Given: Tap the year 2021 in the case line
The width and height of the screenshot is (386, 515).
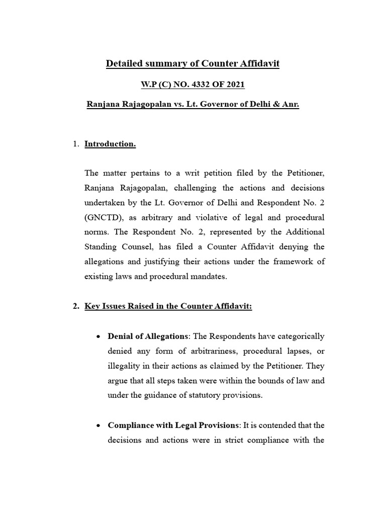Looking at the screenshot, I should [234, 84].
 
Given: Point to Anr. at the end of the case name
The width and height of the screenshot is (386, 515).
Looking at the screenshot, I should [290, 106].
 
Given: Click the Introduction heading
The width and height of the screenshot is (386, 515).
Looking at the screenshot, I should [110, 144].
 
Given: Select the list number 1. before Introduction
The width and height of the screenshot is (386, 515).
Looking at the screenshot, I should [76, 144].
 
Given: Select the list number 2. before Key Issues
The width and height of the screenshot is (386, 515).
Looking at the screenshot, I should [76, 307].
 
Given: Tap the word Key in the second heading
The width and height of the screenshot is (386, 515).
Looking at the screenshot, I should [92, 307].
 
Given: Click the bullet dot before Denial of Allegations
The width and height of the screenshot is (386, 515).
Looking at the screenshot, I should [99, 336].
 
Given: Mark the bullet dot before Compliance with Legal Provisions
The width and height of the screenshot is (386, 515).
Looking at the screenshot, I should [99, 425].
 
